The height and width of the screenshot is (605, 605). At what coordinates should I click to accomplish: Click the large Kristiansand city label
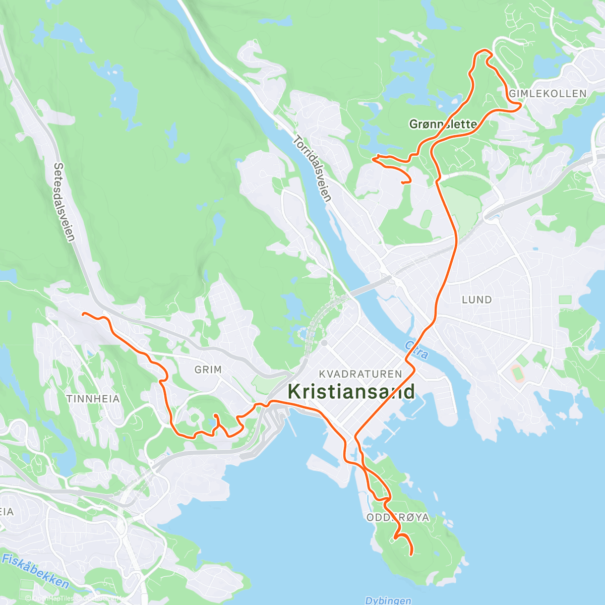(351, 391)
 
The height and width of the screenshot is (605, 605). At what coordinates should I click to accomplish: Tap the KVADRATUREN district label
(360, 374)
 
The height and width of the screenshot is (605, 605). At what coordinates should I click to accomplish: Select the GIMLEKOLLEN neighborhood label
(548, 94)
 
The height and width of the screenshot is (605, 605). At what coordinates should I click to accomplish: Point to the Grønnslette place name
(443, 124)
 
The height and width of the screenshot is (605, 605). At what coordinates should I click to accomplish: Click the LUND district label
(476, 300)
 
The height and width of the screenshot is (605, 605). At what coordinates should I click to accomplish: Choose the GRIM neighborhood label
(208, 370)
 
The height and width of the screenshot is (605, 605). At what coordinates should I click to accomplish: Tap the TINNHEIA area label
(93, 399)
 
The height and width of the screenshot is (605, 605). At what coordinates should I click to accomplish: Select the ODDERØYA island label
(397, 518)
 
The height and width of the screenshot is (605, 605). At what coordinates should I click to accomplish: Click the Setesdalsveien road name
(65, 202)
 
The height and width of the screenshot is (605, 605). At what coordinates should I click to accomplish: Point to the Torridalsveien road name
(313, 169)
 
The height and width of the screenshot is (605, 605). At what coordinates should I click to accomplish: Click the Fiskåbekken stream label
(35, 570)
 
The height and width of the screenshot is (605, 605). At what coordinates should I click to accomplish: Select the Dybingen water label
(388, 600)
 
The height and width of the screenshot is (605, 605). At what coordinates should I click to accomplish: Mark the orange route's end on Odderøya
(412, 555)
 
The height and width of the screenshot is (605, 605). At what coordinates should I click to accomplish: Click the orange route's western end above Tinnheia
(83, 314)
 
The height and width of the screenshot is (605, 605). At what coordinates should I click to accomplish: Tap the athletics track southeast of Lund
(517, 374)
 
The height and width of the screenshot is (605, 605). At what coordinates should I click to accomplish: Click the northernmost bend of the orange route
(483, 50)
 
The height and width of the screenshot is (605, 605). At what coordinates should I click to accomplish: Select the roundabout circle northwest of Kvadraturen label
(324, 343)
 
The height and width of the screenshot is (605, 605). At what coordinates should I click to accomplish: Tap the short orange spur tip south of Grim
(215, 415)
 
